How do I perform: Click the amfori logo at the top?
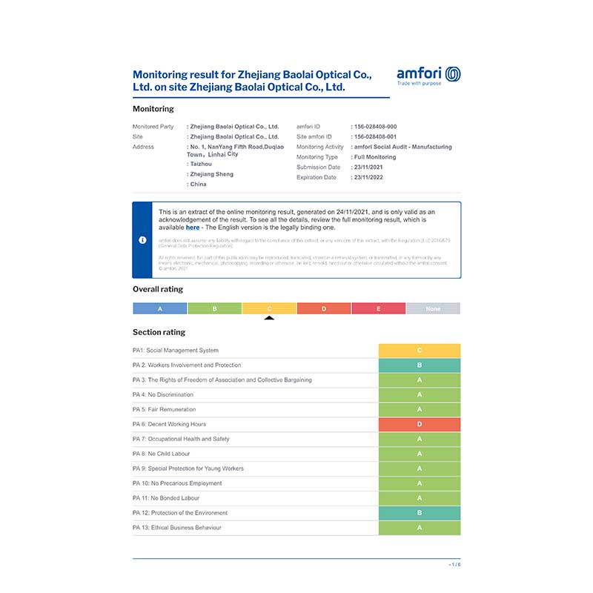coord(428,76)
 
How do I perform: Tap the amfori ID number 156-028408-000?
coord(375,127)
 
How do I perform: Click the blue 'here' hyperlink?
coord(193,228)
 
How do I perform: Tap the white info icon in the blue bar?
coord(142,240)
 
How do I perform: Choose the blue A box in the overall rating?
coord(160,308)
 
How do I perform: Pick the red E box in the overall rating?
coord(379,308)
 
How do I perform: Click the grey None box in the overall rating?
coord(433,308)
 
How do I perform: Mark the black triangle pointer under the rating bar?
coord(269,318)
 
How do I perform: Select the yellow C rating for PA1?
coord(420,351)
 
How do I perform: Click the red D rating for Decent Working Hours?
coord(420,425)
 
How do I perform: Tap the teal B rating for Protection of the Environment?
coord(420,513)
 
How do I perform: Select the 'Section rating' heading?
coord(159,332)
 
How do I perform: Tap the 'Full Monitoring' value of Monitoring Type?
coord(376,157)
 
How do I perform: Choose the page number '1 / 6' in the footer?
coord(454,565)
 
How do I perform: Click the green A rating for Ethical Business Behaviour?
coord(420,528)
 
